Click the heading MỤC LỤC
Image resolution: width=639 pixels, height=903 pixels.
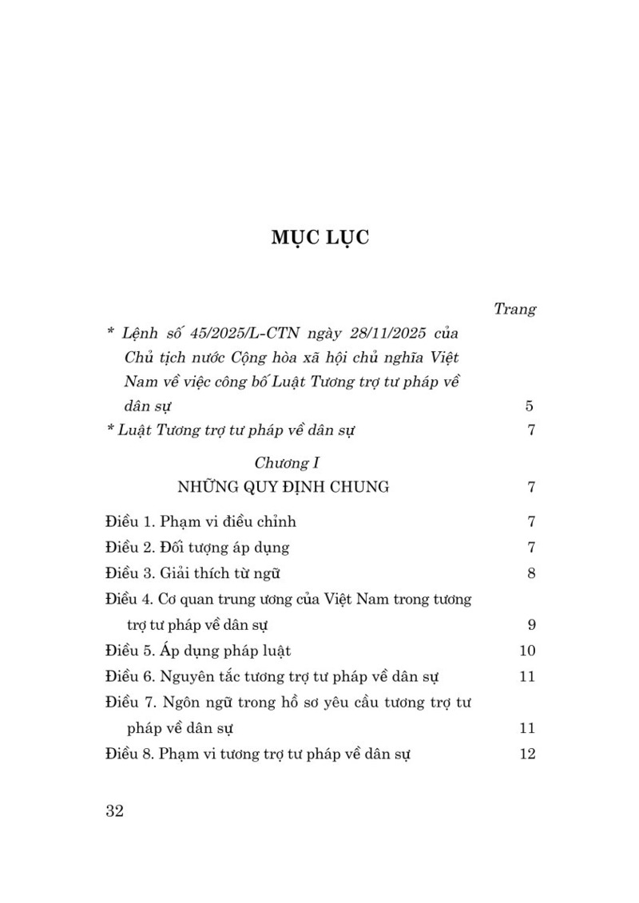tap(319, 239)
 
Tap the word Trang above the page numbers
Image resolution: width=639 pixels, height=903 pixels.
tap(514, 308)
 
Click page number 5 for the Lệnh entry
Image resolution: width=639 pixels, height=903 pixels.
tap(530, 406)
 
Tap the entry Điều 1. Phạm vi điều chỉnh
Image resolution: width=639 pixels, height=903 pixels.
tap(200, 522)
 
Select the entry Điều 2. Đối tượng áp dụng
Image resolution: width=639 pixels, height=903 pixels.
tap(197, 548)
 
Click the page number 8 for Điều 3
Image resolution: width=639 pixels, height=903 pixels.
tap(530, 573)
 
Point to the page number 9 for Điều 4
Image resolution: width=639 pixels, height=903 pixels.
tap(530, 624)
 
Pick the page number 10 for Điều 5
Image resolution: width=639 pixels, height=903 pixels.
tap(526, 650)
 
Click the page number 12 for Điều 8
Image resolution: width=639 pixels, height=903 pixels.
tap(526, 753)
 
